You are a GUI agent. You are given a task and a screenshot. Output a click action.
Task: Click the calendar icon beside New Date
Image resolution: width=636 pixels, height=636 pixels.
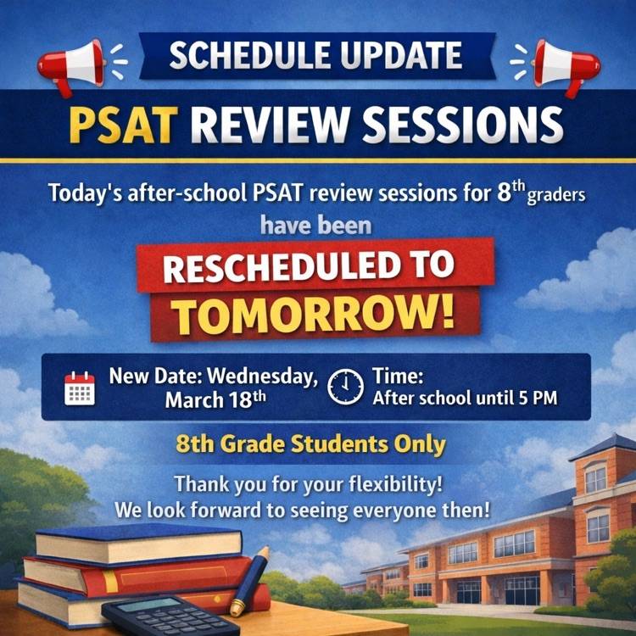point(80,388)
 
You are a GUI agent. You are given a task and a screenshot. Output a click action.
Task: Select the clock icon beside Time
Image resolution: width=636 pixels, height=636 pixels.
point(345,387)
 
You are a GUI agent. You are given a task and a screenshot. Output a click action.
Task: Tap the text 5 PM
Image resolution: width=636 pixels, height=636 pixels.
point(539,397)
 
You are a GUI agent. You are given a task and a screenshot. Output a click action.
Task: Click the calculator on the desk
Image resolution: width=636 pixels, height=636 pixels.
point(170,616)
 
